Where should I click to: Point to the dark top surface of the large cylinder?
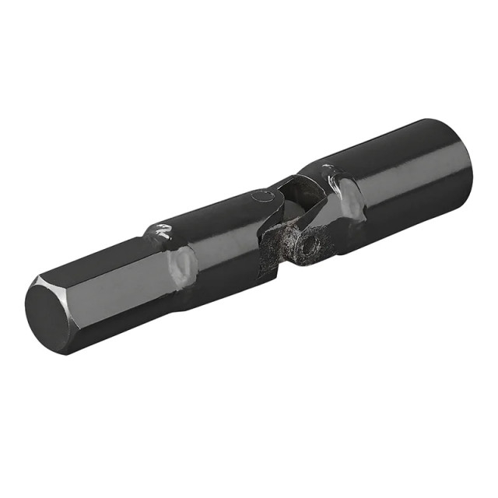(389, 144)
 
